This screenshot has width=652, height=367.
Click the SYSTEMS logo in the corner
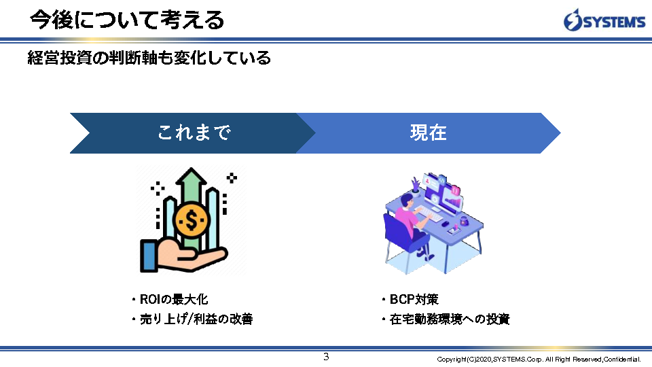point(604,20)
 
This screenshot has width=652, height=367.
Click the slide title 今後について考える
point(127,20)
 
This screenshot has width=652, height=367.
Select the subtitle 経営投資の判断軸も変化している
point(149,57)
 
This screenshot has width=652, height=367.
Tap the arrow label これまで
point(194,133)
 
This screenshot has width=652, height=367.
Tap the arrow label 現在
point(429,133)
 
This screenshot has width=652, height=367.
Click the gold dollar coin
point(191,220)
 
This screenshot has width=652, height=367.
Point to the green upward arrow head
point(191,177)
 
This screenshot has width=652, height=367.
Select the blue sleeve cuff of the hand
point(149,256)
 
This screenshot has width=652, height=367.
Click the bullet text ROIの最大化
point(173,299)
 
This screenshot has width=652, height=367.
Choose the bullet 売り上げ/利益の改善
point(196,319)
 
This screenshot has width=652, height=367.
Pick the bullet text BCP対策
point(414,299)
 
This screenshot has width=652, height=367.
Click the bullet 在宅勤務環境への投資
point(450,319)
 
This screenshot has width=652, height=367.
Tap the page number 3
point(326,357)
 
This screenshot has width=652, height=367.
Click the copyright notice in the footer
point(539,359)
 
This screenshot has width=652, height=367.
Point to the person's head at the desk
point(406,201)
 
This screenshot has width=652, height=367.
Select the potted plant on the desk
point(416,186)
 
